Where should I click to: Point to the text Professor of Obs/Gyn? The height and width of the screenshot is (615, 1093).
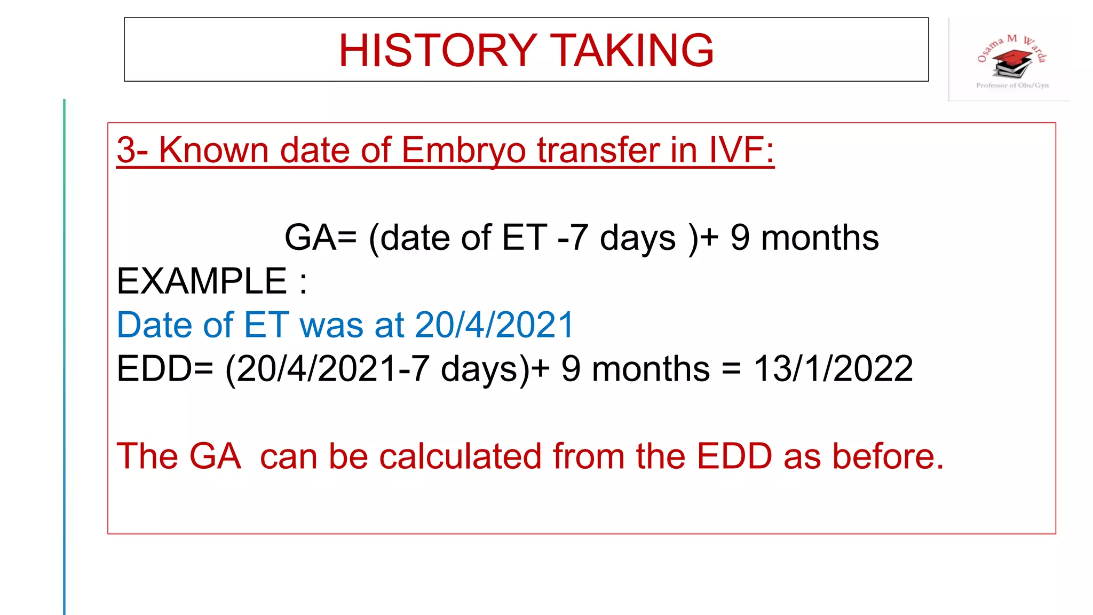[1012, 85]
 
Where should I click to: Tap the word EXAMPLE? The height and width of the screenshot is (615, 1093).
[202, 281]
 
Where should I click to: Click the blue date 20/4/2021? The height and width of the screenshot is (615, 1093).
[494, 325]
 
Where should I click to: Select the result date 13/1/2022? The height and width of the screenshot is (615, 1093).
[833, 369]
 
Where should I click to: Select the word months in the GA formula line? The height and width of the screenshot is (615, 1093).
[820, 238]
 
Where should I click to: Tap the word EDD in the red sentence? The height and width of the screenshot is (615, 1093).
[734, 456]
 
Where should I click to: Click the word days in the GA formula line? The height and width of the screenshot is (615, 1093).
[638, 238]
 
